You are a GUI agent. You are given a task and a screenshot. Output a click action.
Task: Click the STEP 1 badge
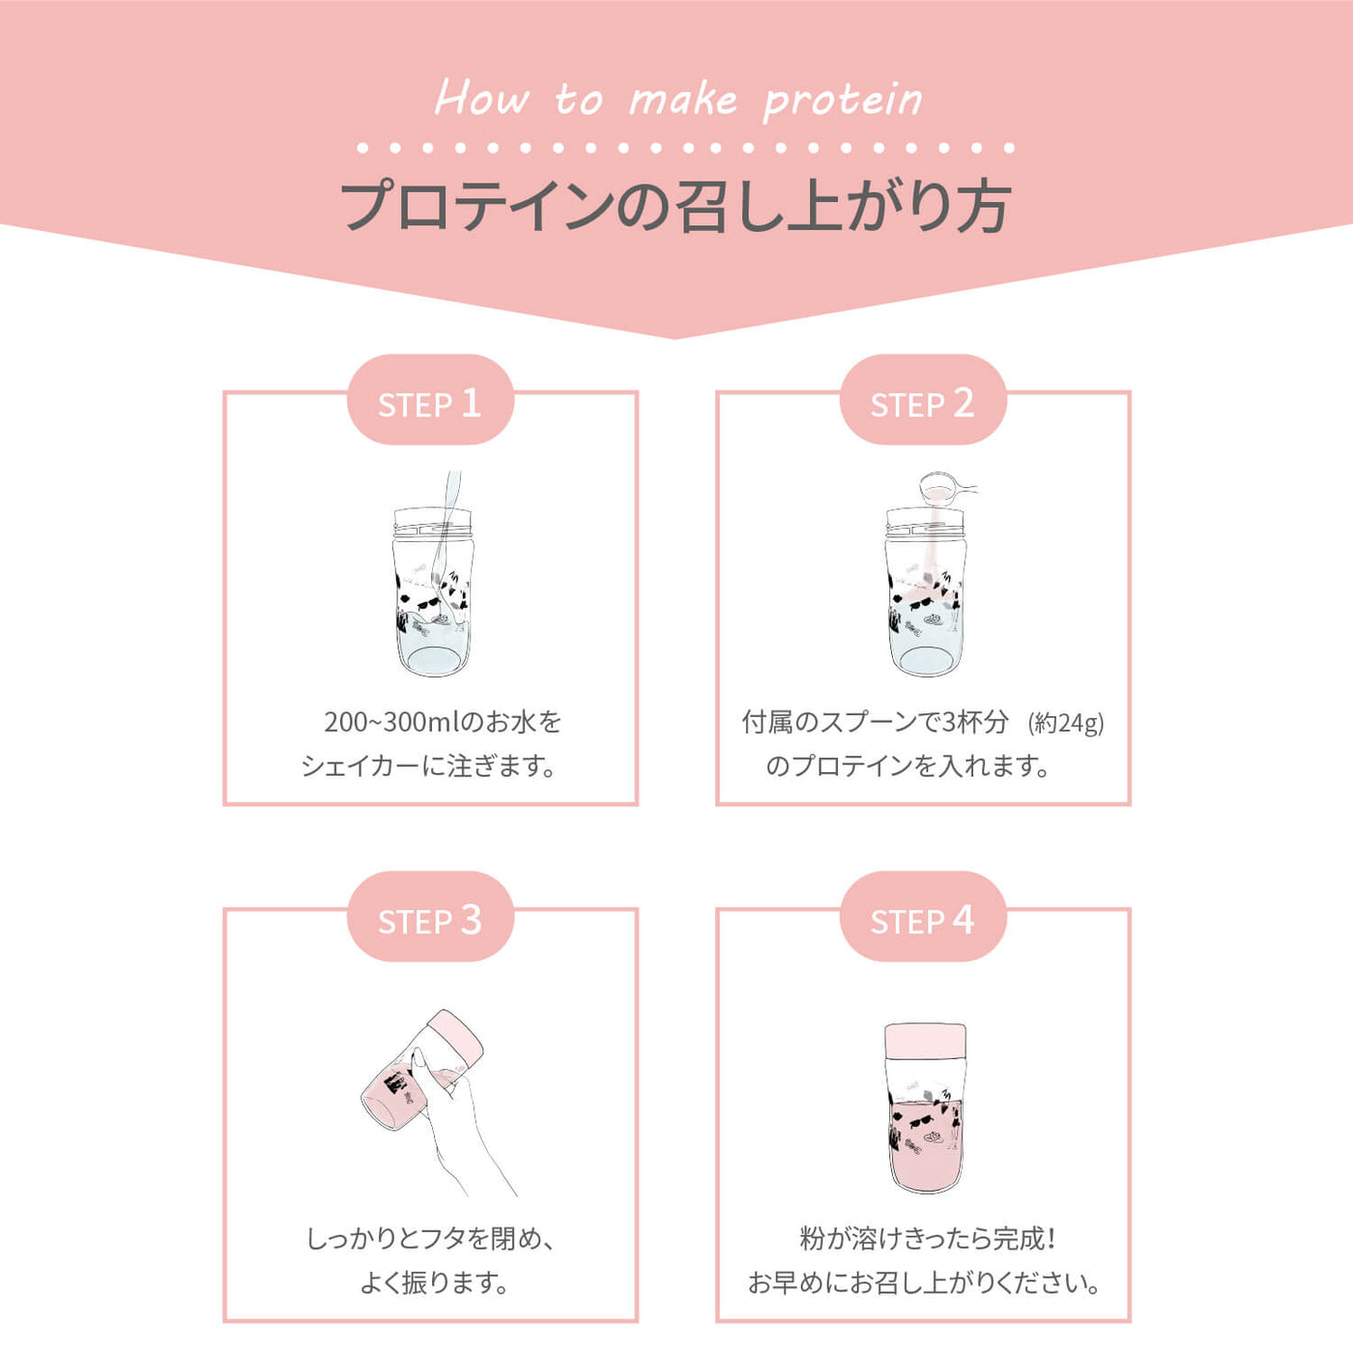click(x=430, y=399)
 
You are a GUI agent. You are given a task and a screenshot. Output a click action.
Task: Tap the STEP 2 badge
click(x=923, y=399)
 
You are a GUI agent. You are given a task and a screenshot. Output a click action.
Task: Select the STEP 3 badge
click(x=430, y=916)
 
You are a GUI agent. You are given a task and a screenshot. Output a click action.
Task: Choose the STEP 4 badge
click(x=923, y=916)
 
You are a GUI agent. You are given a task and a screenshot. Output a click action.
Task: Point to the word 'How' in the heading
click(x=481, y=98)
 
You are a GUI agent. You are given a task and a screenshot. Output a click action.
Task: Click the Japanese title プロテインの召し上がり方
click(x=676, y=207)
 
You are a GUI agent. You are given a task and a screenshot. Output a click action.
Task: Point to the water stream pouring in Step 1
click(x=448, y=540)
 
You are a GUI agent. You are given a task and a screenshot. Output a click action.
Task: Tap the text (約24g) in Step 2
click(x=1066, y=723)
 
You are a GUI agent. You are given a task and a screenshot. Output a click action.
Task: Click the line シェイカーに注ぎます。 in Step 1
click(x=430, y=765)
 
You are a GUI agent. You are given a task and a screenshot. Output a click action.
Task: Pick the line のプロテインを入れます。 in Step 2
click(x=907, y=765)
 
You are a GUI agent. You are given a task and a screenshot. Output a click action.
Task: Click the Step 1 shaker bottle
click(x=433, y=591)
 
